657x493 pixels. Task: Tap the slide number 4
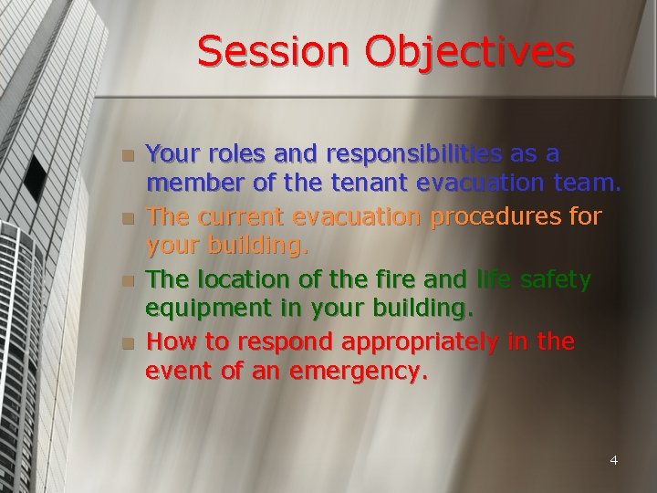point(614,460)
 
